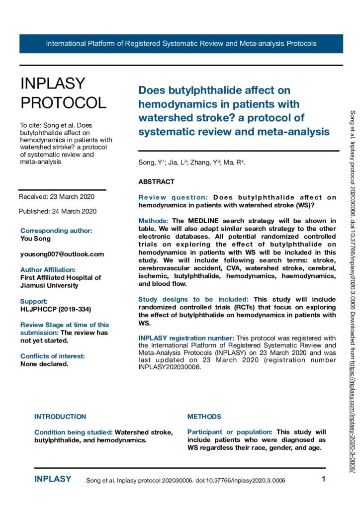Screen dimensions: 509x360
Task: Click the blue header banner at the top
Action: click(x=181, y=43)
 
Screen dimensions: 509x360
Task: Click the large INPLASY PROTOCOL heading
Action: click(x=63, y=93)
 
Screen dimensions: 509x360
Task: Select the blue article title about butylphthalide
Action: click(x=233, y=111)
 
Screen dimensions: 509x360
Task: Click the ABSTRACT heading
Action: click(x=156, y=182)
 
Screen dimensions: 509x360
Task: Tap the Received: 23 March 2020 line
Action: click(x=56, y=196)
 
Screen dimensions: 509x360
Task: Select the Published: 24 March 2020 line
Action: click(x=57, y=211)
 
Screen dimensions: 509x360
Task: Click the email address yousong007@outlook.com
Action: click(x=62, y=254)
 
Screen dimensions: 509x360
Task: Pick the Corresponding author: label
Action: click(x=56, y=231)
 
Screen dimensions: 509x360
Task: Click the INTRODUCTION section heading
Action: click(x=60, y=417)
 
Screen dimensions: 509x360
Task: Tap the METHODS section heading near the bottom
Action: click(x=204, y=417)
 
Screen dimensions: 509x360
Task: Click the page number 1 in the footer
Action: click(x=323, y=480)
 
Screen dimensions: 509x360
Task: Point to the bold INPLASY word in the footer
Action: click(x=53, y=479)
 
